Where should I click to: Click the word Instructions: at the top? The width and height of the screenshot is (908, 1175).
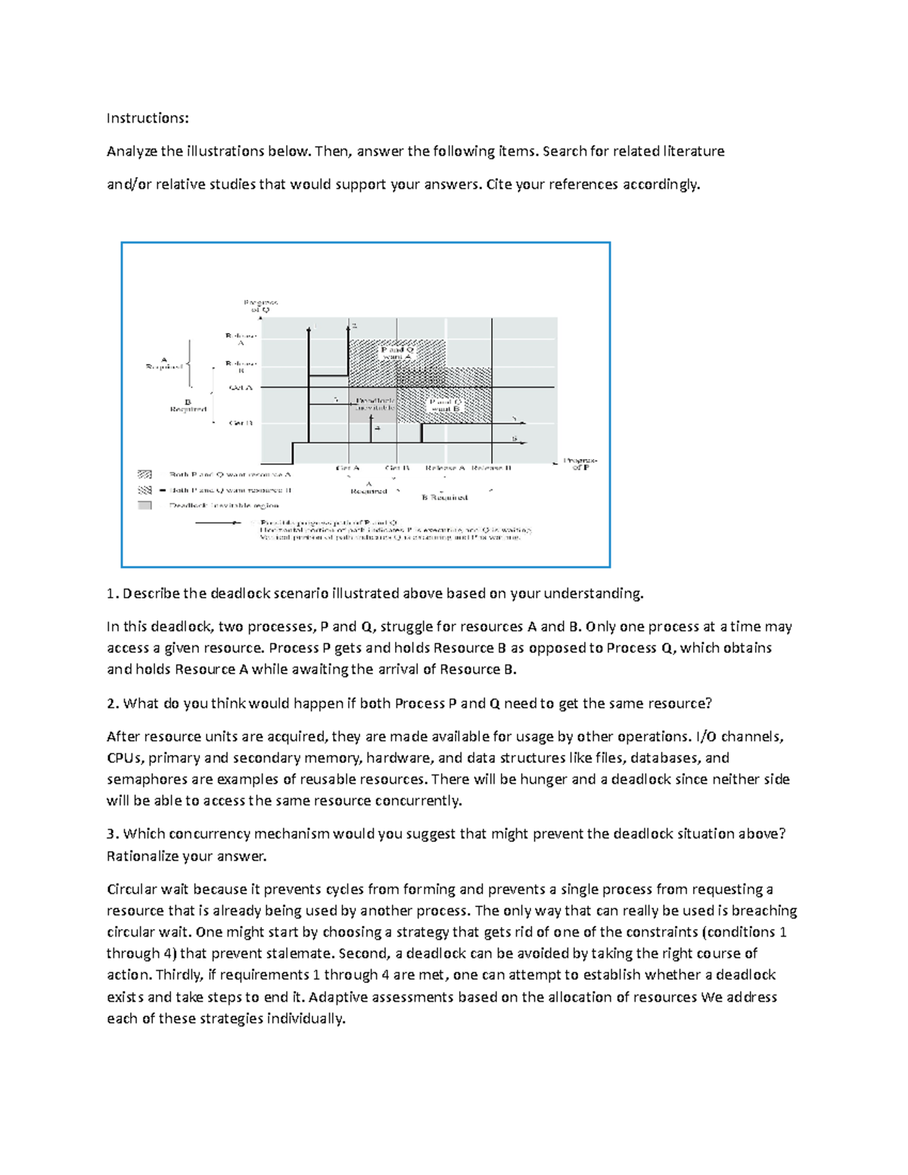(x=147, y=118)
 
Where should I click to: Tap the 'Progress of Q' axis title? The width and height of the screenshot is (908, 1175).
(x=260, y=306)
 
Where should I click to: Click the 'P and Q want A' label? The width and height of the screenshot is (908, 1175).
(x=397, y=353)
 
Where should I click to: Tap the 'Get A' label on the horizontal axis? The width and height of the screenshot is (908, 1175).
(x=347, y=468)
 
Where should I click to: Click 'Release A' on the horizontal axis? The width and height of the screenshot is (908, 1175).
(x=445, y=468)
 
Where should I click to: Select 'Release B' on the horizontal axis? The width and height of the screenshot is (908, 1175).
(x=491, y=468)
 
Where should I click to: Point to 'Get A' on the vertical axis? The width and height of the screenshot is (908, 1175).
(x=241, y=387)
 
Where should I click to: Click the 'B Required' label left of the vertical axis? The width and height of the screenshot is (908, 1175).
(x=188, y=406)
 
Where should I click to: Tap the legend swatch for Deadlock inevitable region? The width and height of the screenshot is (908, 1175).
(x=145, y=505)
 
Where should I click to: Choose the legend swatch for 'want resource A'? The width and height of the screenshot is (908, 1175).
(x=145, y=474)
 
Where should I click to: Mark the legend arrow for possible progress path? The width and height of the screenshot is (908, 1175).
(x=219, y=522)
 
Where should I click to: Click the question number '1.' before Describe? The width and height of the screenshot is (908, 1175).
(x=113, y=593)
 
